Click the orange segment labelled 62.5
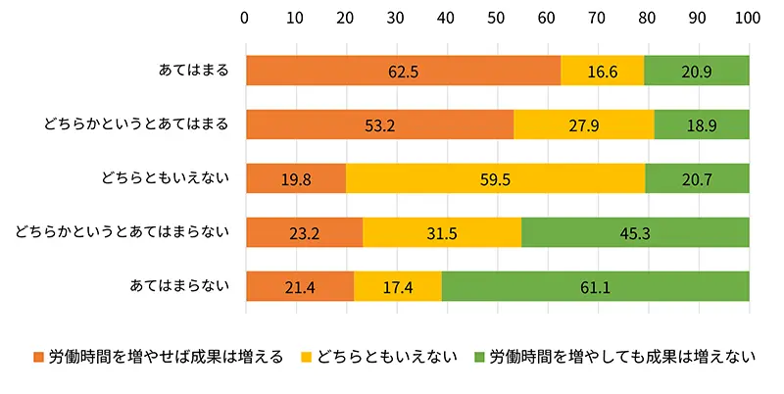pyautogui.click(x=403, y=71)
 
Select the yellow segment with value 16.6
pyautogui.click(x=603, y=71)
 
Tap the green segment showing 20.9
pyautogui.click(x=697, y=71)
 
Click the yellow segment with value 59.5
pyautogui.click(x=496, y=178)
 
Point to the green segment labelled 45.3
pyautogui.click(x=635, y=232)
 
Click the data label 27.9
pyautogui.click(x=583, y=124)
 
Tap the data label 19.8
pyautogui.click(x=295, y=178)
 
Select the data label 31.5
pyautogui.click(x=442, y=232)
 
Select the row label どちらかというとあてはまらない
pyautogui.click(x=122, y=232)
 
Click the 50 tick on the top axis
pyautogui.click(x=497, y=17)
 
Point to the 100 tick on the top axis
pyautogui.click(x=748, y=17)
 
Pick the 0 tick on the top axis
pyautogui.click(x=246, y=17)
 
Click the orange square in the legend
pyautogui.click(x=39, y=357)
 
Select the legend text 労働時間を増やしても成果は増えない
pyautogui.click(x=622, y=357)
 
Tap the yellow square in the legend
pyautogui.click(x=303, y=357)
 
